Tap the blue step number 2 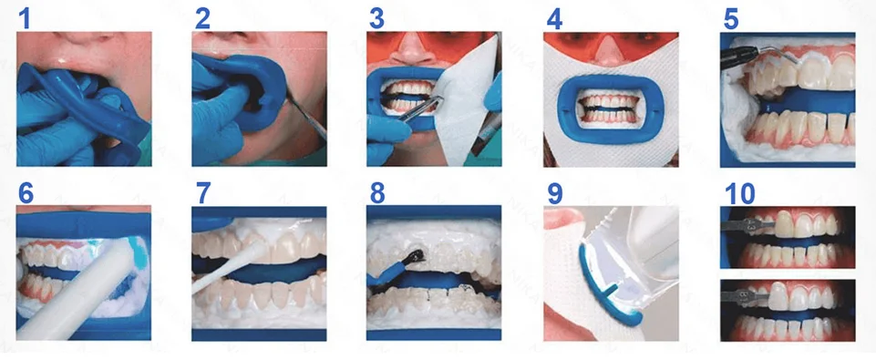tap(203, 17)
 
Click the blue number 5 tap(731, 17)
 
